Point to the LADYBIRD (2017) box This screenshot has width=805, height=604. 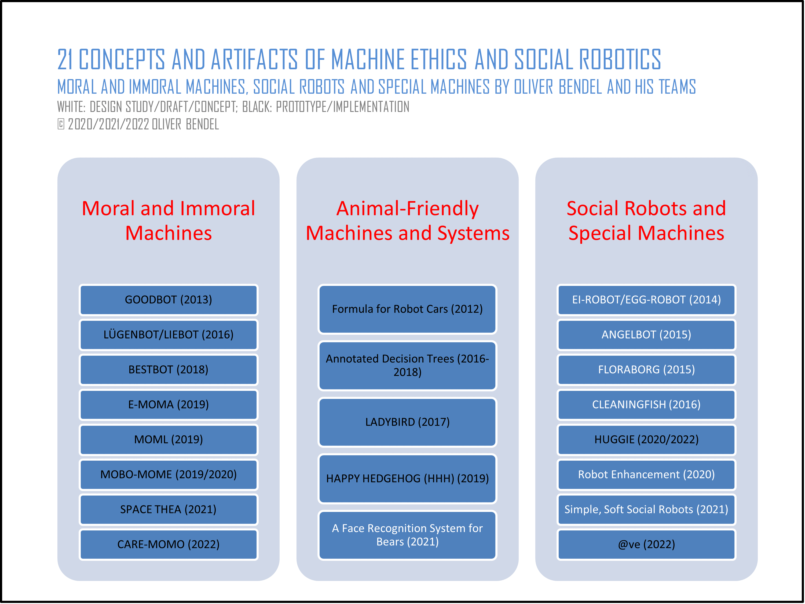(x=408, y=422)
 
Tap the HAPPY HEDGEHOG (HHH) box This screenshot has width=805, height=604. (x=408, y=479)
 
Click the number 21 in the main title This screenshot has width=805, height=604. (x=65, y=59)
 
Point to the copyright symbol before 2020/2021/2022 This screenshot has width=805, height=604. (x=61, y=124)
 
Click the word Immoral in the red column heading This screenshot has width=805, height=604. (x=218, y=209)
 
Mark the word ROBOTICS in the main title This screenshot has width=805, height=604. (x=620, y=59)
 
